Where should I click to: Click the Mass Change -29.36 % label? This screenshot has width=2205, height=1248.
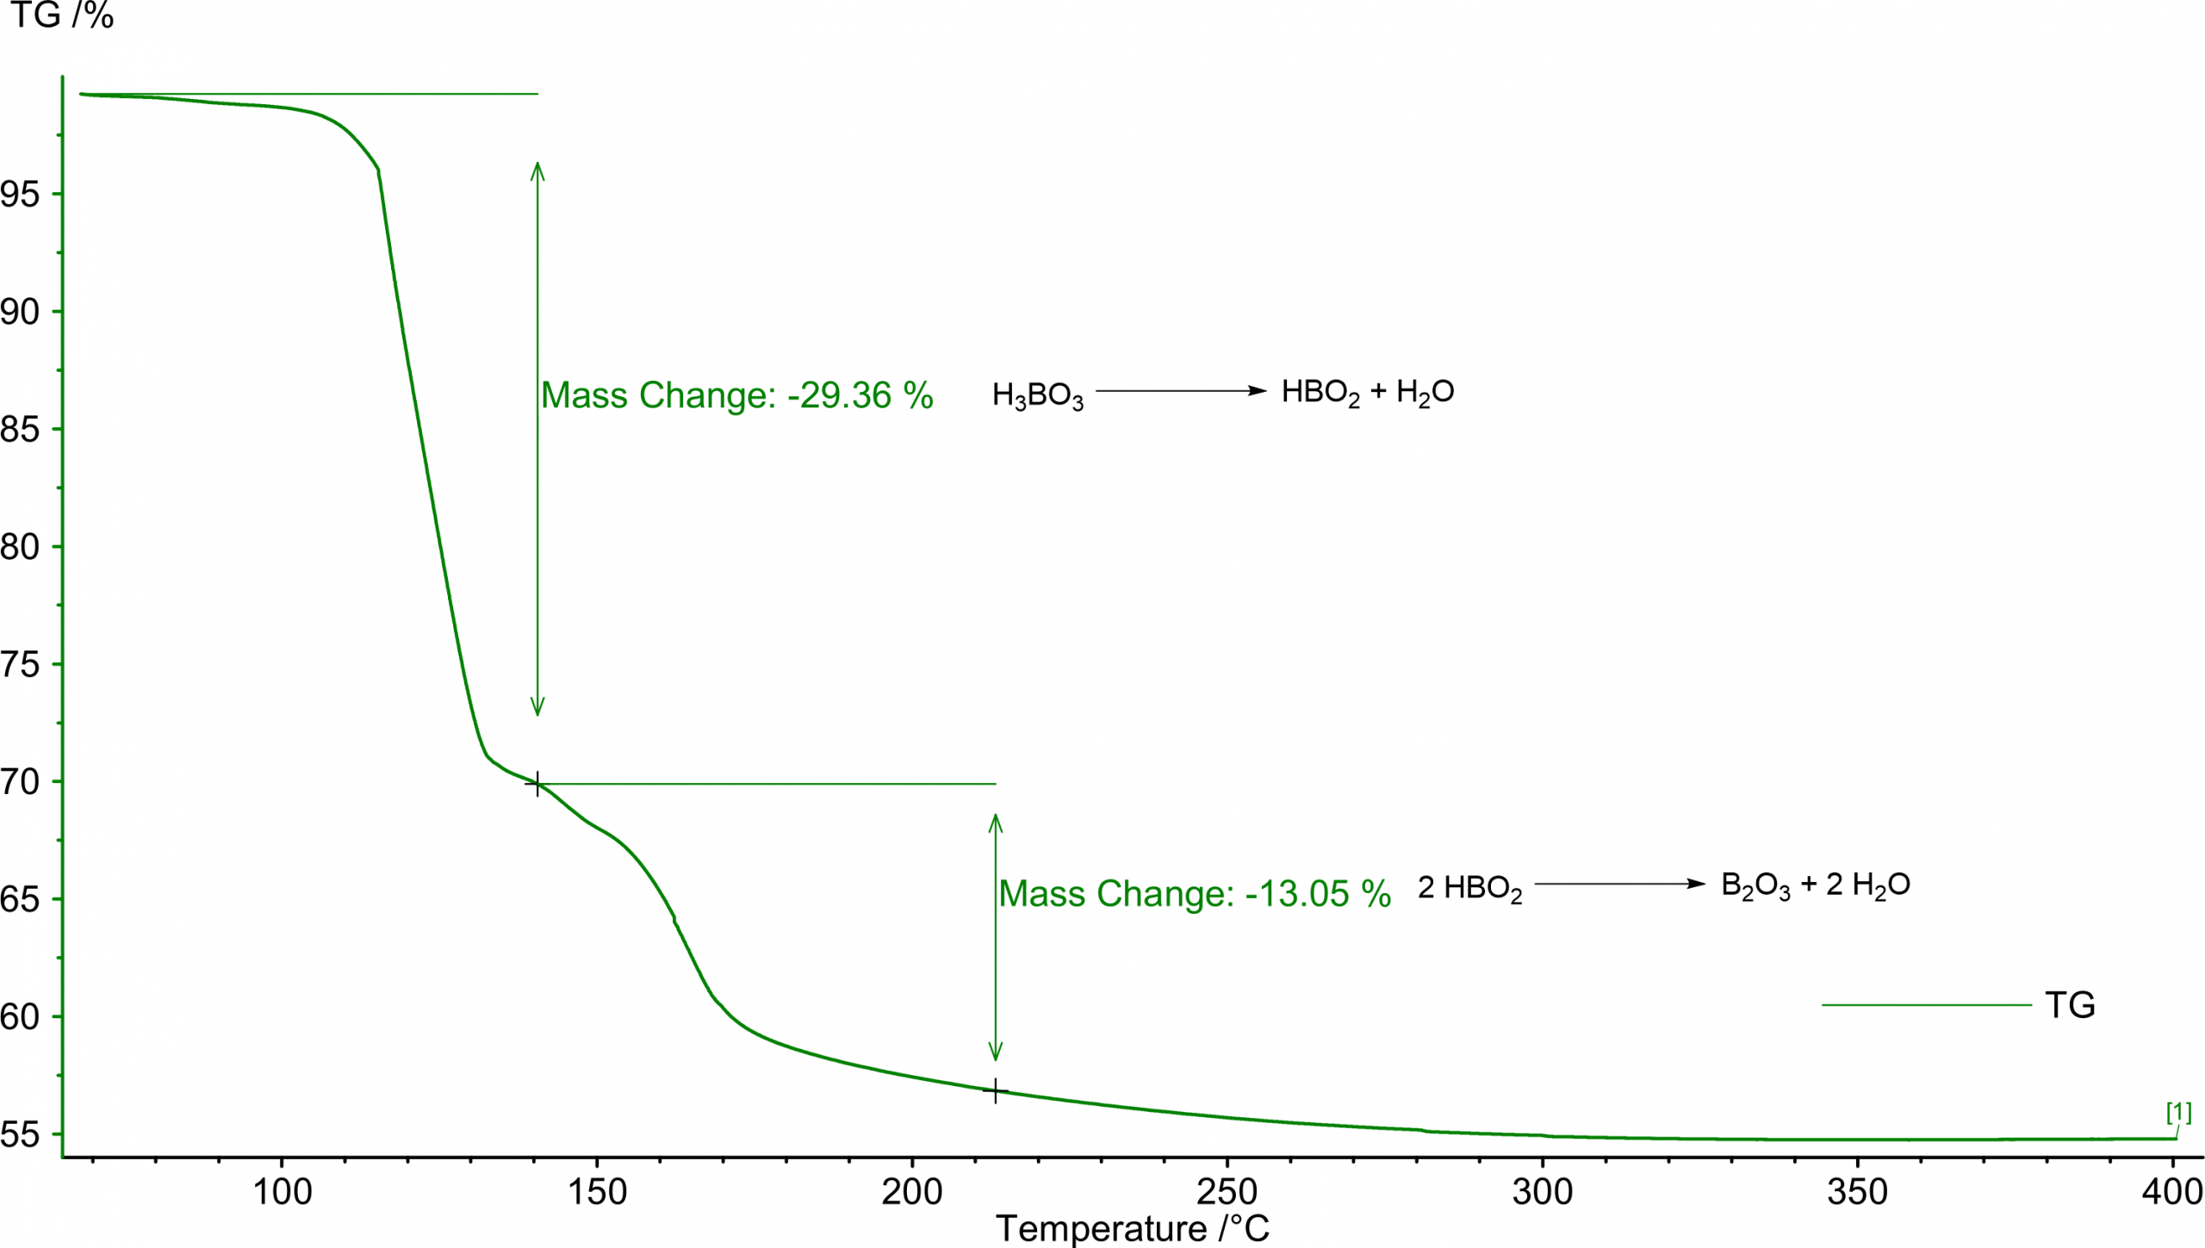[x=736, y=395]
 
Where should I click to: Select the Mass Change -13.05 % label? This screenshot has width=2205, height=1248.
[x=1195, y=893]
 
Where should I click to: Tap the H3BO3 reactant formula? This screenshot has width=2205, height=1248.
[x=1037, y=395]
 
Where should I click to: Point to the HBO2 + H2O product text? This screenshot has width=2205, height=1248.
[x=1367, y=393]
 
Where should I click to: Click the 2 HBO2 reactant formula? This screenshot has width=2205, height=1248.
[x=1469, y=888]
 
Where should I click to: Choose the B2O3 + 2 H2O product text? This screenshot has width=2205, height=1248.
[x=1815, y=885]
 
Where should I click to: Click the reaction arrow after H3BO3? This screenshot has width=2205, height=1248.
[x=1180, y=391]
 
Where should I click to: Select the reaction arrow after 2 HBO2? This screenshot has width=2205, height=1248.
[x=1619, y=884]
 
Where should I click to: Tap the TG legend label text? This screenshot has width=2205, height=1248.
[x=2070, y=1005]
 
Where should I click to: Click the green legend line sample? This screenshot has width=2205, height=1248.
[x=1926, y=1005]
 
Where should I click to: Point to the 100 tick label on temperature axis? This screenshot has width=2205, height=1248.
[x=282, y=1193]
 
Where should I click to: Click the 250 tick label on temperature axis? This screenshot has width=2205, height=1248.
[x=1227, y=1193]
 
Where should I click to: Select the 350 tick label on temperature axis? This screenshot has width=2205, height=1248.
[x=1857, y=1193]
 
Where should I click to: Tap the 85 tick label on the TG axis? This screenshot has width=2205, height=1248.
[x=21, y=429]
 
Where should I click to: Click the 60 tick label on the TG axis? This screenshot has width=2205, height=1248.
[x=21, y=1017]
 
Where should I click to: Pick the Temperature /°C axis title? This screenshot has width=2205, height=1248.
[x=1132, y=1229]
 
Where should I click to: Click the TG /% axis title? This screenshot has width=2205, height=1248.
[x=62, y=16]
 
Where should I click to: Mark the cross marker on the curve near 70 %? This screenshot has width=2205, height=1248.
[x=537, y=784]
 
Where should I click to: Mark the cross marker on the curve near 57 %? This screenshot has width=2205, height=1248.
[x=996, y=1091]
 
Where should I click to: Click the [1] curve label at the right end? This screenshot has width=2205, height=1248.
[x=2178, y=1113]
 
